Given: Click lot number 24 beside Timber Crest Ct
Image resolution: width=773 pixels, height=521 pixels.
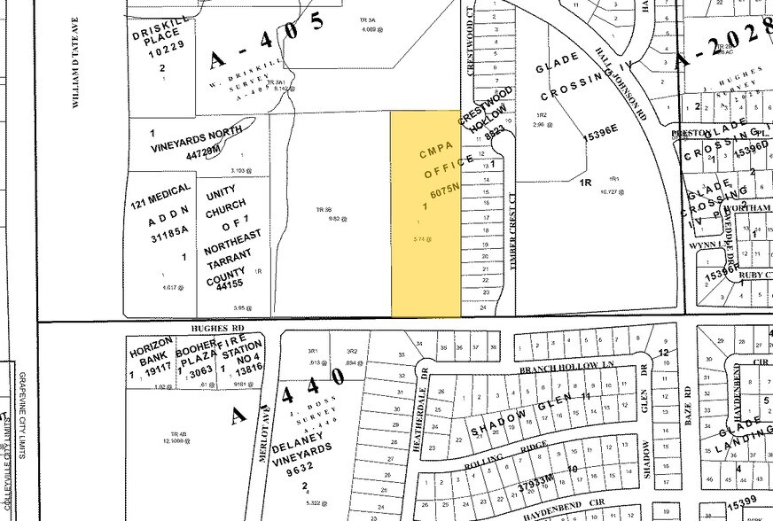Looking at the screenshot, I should click(x=485, y=307).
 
